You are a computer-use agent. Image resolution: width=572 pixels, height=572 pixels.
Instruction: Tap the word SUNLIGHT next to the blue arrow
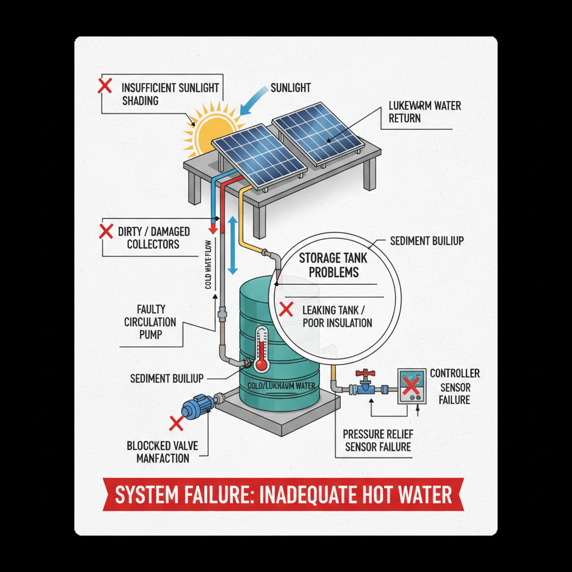click(290, 88)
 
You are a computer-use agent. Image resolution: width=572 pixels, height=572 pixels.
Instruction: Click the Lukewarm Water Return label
click(424, 112)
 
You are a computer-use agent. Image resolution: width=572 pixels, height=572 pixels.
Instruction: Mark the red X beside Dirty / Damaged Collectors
click(105, 232)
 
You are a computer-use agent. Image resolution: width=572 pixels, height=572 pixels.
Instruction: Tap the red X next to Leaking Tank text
click(286, 309)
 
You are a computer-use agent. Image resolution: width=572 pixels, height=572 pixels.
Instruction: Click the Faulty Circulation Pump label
click(150, 322)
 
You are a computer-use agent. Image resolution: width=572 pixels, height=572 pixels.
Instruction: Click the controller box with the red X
click(411, 386)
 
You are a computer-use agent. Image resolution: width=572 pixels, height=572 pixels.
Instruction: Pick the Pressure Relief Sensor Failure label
click(377, 440)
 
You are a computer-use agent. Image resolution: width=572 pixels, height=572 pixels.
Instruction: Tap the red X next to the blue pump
click(176, 423)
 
